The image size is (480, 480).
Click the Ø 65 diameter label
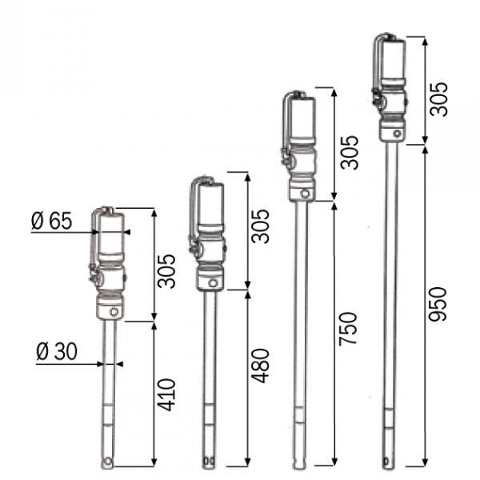coord(51,222)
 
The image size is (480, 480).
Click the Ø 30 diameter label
coord(56,350)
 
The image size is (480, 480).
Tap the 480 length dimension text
coord(261,366)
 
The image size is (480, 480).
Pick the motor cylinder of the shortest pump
coord(109,234)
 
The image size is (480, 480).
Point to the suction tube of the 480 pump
coord(210,368)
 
